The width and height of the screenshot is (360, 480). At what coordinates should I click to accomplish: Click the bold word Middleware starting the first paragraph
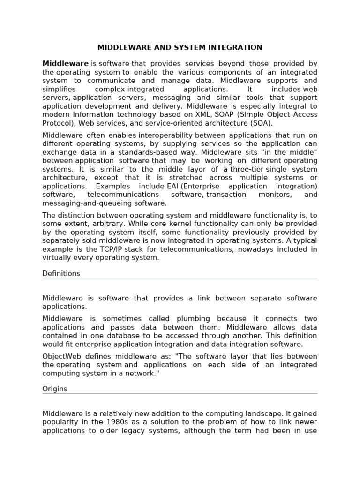(x=65, y=64)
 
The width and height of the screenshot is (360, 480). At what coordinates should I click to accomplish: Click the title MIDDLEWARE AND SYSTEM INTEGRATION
(x=180, y=48)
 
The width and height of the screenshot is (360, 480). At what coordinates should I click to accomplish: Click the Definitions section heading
(x=61, y=274)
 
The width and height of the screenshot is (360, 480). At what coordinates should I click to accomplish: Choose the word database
(x=130, y=336)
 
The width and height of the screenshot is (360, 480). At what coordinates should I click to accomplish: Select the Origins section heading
(x=55, y=389)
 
